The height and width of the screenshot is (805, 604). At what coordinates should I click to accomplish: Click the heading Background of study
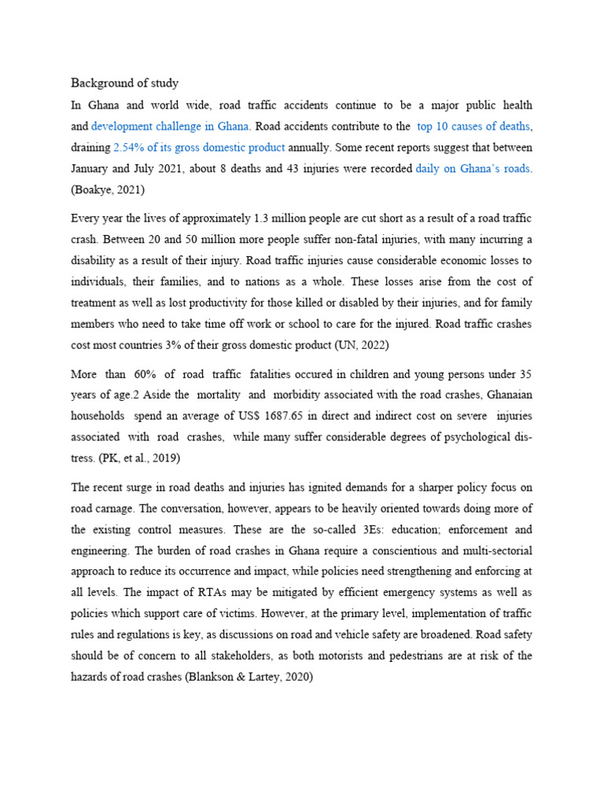(x=124, y=83)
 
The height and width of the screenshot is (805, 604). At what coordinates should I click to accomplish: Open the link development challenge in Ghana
(x=171, y=126)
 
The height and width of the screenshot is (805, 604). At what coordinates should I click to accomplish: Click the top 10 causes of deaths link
(x=473, y=126)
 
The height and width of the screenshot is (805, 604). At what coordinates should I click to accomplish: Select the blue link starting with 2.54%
(x=199, y=147)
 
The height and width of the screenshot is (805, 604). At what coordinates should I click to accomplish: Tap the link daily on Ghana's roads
(x=473, y=168)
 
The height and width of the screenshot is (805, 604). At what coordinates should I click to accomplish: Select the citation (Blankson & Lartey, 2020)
(x=249, y=678)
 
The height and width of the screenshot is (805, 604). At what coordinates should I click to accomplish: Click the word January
(x=94, y=168)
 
